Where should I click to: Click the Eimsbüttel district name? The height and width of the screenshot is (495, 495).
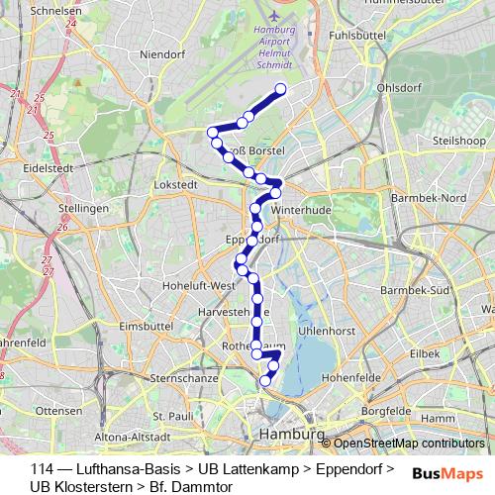(146, 326)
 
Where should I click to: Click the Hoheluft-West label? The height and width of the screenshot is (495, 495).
(203, 285)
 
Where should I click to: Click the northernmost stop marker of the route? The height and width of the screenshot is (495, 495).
(280, 90)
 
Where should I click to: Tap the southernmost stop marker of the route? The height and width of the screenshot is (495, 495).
(264, 381)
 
